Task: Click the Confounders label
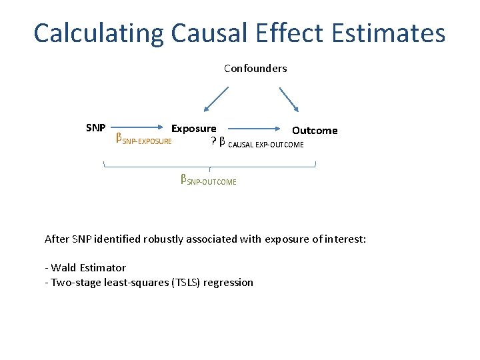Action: coord(255,69)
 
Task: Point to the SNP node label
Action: coord(96,127)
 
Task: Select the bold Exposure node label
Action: coord(193,128)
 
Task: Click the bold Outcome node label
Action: coord(315,131)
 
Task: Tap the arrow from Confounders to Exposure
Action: coord(216,98)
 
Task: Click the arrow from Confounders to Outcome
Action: coord(289,98)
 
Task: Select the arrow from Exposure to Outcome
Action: coord(253,131)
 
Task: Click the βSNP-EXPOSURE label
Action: coord(143,140)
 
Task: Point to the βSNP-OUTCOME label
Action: coord(208,180)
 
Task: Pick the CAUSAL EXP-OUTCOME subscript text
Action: coord(265,145)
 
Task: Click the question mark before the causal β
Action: coord(213,141)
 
